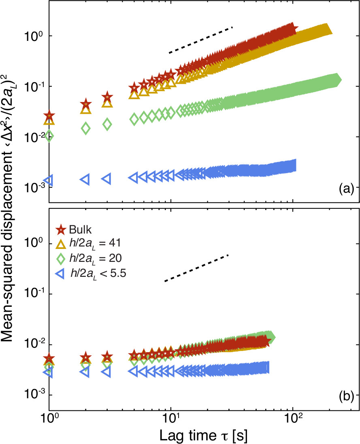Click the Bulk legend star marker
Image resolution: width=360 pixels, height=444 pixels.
[61, 230]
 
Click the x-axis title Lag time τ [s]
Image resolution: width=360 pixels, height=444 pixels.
[203, 433]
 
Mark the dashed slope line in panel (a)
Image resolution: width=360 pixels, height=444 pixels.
[201, 40]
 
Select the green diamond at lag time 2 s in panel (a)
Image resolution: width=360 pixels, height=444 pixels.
[85, 128]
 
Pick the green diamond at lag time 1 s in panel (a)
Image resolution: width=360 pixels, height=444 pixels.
[49, 136]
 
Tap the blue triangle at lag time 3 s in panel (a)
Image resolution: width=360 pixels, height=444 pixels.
[107, 178]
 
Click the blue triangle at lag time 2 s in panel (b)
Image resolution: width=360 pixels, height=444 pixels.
[85, 371]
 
